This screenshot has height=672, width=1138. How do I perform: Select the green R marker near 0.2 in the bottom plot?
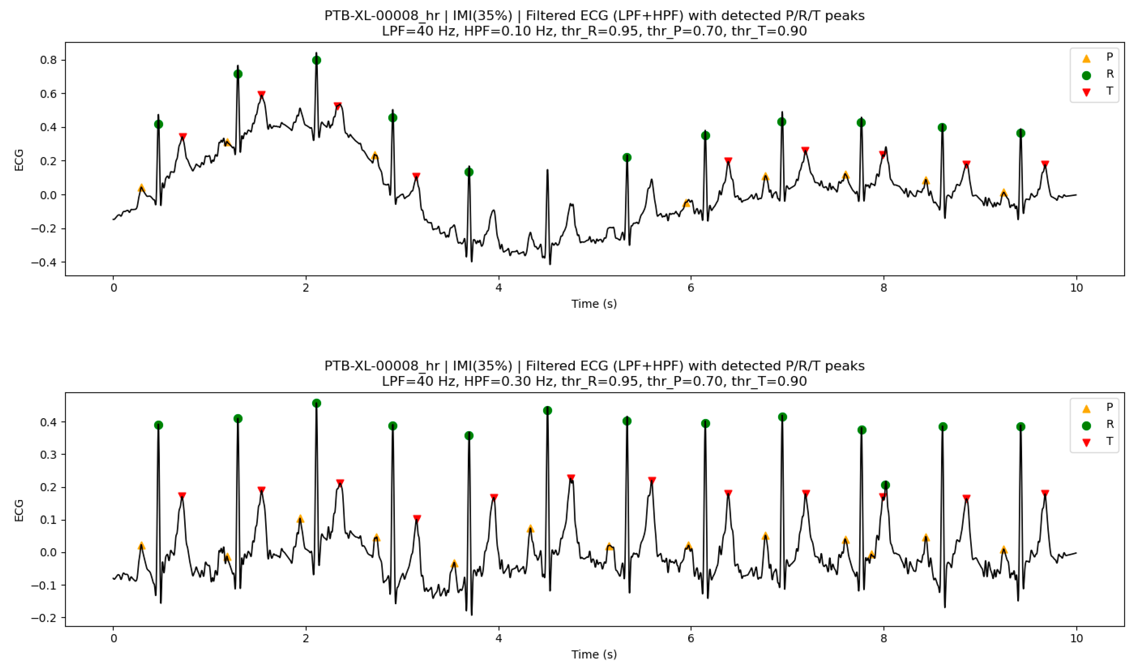885,485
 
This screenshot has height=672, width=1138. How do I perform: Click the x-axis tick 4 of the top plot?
499,288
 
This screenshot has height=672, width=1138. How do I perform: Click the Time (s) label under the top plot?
594,304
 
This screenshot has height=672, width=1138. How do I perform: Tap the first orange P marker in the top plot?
141,188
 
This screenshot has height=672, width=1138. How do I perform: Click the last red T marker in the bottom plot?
1045,493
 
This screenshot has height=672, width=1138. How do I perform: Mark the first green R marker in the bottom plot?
158,425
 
